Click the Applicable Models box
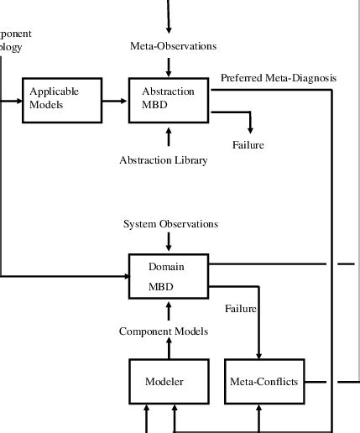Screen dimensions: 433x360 (x=61, y=100)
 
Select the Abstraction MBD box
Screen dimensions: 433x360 (x=169, y=100)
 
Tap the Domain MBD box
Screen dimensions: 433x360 (x=169, y=276)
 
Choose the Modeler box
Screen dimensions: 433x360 (x=164, y=381)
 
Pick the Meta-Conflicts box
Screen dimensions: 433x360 (x=263, y=381)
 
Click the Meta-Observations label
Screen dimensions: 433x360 (x=174, y=45)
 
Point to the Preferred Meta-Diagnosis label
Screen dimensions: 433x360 (x=278, y=78)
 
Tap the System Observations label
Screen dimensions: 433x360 (x=170, y=224)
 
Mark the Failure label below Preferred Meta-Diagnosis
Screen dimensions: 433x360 (x=248, y=145)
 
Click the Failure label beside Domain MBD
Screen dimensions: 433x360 (x=240, y=309)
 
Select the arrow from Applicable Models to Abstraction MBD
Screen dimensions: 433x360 (x=115, y=100)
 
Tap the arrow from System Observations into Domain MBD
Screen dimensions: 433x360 (x=169, y=242)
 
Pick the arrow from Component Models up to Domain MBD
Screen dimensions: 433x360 (x=169, y=311)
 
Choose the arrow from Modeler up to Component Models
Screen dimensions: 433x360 (x=169, y=348)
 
